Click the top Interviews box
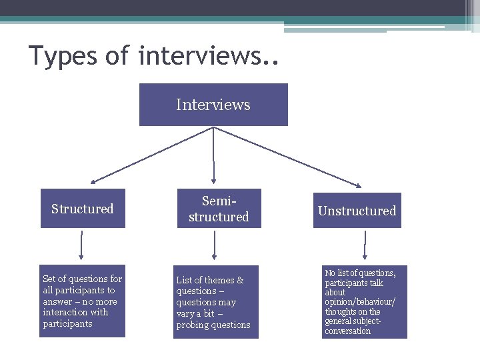point(213,105)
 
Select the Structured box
point(83,209)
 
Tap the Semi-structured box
point(219,209)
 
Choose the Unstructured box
point(357,211)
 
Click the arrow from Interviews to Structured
point(152,155)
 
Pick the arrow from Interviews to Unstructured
point(288,156)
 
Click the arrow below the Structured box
point(82,245)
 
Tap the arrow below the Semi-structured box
point(214,245)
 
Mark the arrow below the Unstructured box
point(365,245)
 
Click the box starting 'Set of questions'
point(83,301)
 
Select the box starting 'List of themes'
point(215,302)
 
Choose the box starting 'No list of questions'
point(364,302)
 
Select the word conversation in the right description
point(347,331)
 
